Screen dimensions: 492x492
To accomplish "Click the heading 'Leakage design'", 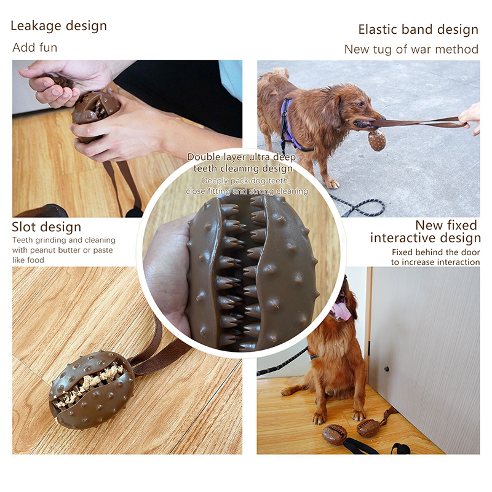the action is pos(58,26).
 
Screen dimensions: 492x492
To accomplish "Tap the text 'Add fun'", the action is pos(35,48).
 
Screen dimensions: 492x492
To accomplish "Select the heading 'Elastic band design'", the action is pos(418,30).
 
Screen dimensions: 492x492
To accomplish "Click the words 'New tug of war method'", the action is pos(411,49).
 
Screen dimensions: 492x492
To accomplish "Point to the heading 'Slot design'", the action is pos(47,227).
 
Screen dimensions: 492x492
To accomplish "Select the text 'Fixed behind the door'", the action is pos(436,252).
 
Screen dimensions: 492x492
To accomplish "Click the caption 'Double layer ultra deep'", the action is pos(242,157).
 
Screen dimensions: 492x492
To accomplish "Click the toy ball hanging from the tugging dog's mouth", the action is pos(377,140).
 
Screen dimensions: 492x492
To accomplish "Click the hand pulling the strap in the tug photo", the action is pos(470,117).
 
